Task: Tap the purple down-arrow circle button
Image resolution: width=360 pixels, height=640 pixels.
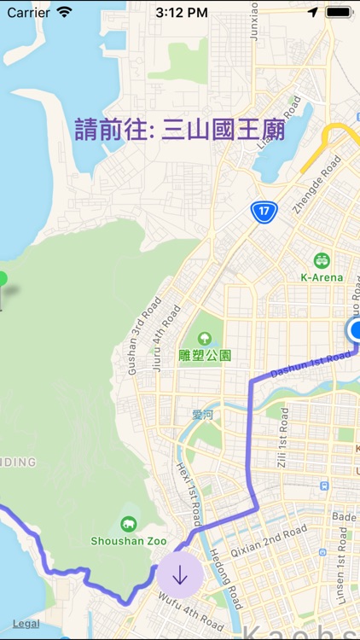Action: coord(179,575)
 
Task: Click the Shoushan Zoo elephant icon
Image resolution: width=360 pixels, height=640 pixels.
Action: coord(129,524)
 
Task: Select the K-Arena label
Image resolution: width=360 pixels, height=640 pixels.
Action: coord(322,276)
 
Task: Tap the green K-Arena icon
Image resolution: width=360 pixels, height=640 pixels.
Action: coord(322,260)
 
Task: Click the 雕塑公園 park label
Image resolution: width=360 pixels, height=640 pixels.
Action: coord(206,355)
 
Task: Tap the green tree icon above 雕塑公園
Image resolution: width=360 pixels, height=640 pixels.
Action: coord(205,339)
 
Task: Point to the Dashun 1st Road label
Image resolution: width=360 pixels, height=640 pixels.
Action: coord(310,365)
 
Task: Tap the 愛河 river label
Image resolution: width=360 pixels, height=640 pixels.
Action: coord(201,415)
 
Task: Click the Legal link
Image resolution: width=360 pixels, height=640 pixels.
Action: coord(26,624)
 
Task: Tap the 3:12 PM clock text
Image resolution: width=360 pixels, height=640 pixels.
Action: coord(180,13)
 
